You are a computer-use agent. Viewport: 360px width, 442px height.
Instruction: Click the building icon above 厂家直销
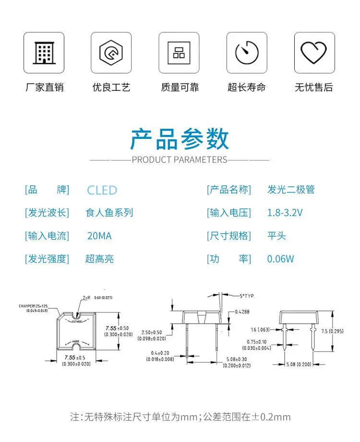44,52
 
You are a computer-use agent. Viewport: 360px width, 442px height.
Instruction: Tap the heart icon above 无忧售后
314,52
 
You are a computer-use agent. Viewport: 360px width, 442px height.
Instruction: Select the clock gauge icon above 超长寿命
247,52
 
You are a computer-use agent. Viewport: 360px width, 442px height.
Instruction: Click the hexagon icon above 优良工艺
111,52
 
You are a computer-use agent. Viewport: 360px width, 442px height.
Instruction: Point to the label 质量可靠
180,87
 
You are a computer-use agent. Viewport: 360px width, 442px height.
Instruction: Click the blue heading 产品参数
180,139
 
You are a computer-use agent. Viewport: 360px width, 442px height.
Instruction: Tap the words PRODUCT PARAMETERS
180,160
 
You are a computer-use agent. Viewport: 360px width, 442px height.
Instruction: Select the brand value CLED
102,190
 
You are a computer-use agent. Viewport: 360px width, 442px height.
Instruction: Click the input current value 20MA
99,236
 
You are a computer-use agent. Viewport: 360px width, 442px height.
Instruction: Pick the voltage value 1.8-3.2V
285,213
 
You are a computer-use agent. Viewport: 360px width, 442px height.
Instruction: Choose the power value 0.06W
281,259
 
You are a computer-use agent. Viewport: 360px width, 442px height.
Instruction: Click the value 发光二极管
291,190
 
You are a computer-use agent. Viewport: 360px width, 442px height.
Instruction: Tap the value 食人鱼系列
109,213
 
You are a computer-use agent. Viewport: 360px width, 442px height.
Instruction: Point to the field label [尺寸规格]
229,236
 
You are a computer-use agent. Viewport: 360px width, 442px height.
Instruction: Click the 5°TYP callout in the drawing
246,296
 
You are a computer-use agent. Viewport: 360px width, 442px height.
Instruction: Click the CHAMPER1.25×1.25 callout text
38,306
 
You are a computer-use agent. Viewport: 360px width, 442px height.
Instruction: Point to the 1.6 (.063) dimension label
260,330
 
